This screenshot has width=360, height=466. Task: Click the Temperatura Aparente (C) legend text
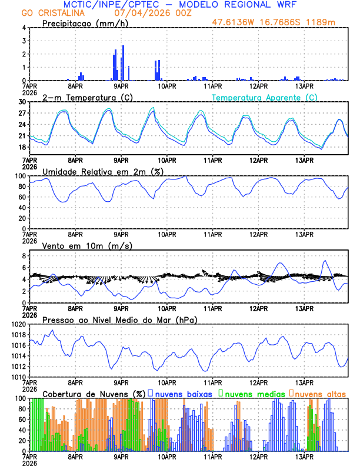(x=265, y=97)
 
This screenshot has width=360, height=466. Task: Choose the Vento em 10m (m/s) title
(x=87, y=245)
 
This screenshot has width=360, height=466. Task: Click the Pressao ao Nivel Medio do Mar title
(x=119, y=319)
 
